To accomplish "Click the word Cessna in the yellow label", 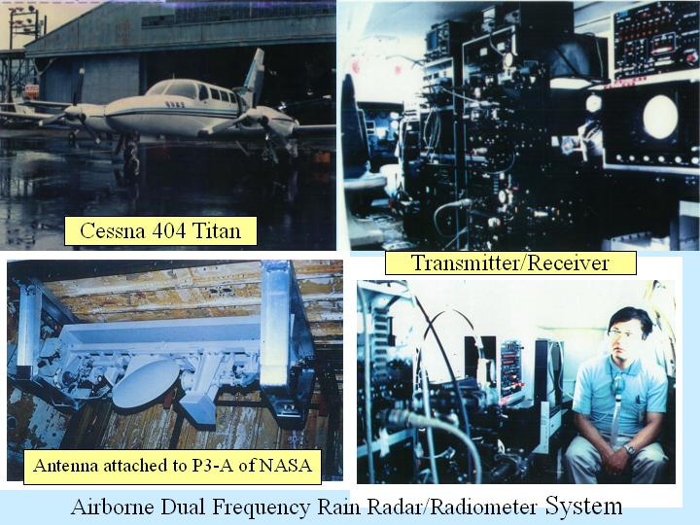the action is [x=112, y=230].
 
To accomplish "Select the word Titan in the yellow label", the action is [x=217, y=230].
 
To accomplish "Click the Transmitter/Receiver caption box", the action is [x=510, y=262].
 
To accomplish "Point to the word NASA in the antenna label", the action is [x=285, y=465].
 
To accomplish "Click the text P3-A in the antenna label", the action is [x=213, y=465].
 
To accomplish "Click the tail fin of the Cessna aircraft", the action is [x=255, y=74].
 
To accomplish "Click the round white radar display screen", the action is [x=660, y=116].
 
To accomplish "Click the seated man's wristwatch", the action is [x=629, y=449].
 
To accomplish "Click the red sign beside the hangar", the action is [x=32, y=90].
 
